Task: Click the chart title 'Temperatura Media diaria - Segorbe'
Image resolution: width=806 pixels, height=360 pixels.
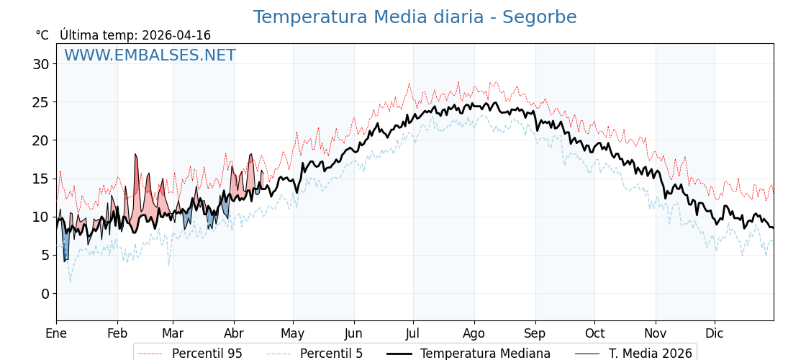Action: click(x=415, y=17)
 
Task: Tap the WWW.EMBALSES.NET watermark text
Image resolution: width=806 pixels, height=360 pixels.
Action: click(x=150, y=55)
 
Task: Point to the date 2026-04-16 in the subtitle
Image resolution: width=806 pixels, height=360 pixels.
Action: click(x=176, y=35)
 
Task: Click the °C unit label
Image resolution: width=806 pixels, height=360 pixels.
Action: click(x=42, y=35)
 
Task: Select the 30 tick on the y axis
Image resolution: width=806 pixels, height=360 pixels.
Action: click(x=41, y=64)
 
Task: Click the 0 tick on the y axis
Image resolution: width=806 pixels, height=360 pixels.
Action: click(x=45, y=294)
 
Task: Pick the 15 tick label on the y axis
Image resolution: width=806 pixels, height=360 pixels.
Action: click(x=41, y=179)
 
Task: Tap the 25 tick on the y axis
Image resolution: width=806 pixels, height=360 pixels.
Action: click(x=41, y=102)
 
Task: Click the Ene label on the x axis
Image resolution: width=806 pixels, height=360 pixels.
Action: click(x=56, y=333)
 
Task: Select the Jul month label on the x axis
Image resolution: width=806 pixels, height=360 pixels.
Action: click(x=413, y=333)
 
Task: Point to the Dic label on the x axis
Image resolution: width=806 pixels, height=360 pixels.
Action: click(x=715, y=333)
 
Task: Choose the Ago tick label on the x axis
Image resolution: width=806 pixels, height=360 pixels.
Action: click(x=474, y=333)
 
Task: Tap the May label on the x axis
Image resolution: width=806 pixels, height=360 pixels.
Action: click(x=293, y=333)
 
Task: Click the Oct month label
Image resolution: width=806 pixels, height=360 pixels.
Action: click(x=594, y=333)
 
